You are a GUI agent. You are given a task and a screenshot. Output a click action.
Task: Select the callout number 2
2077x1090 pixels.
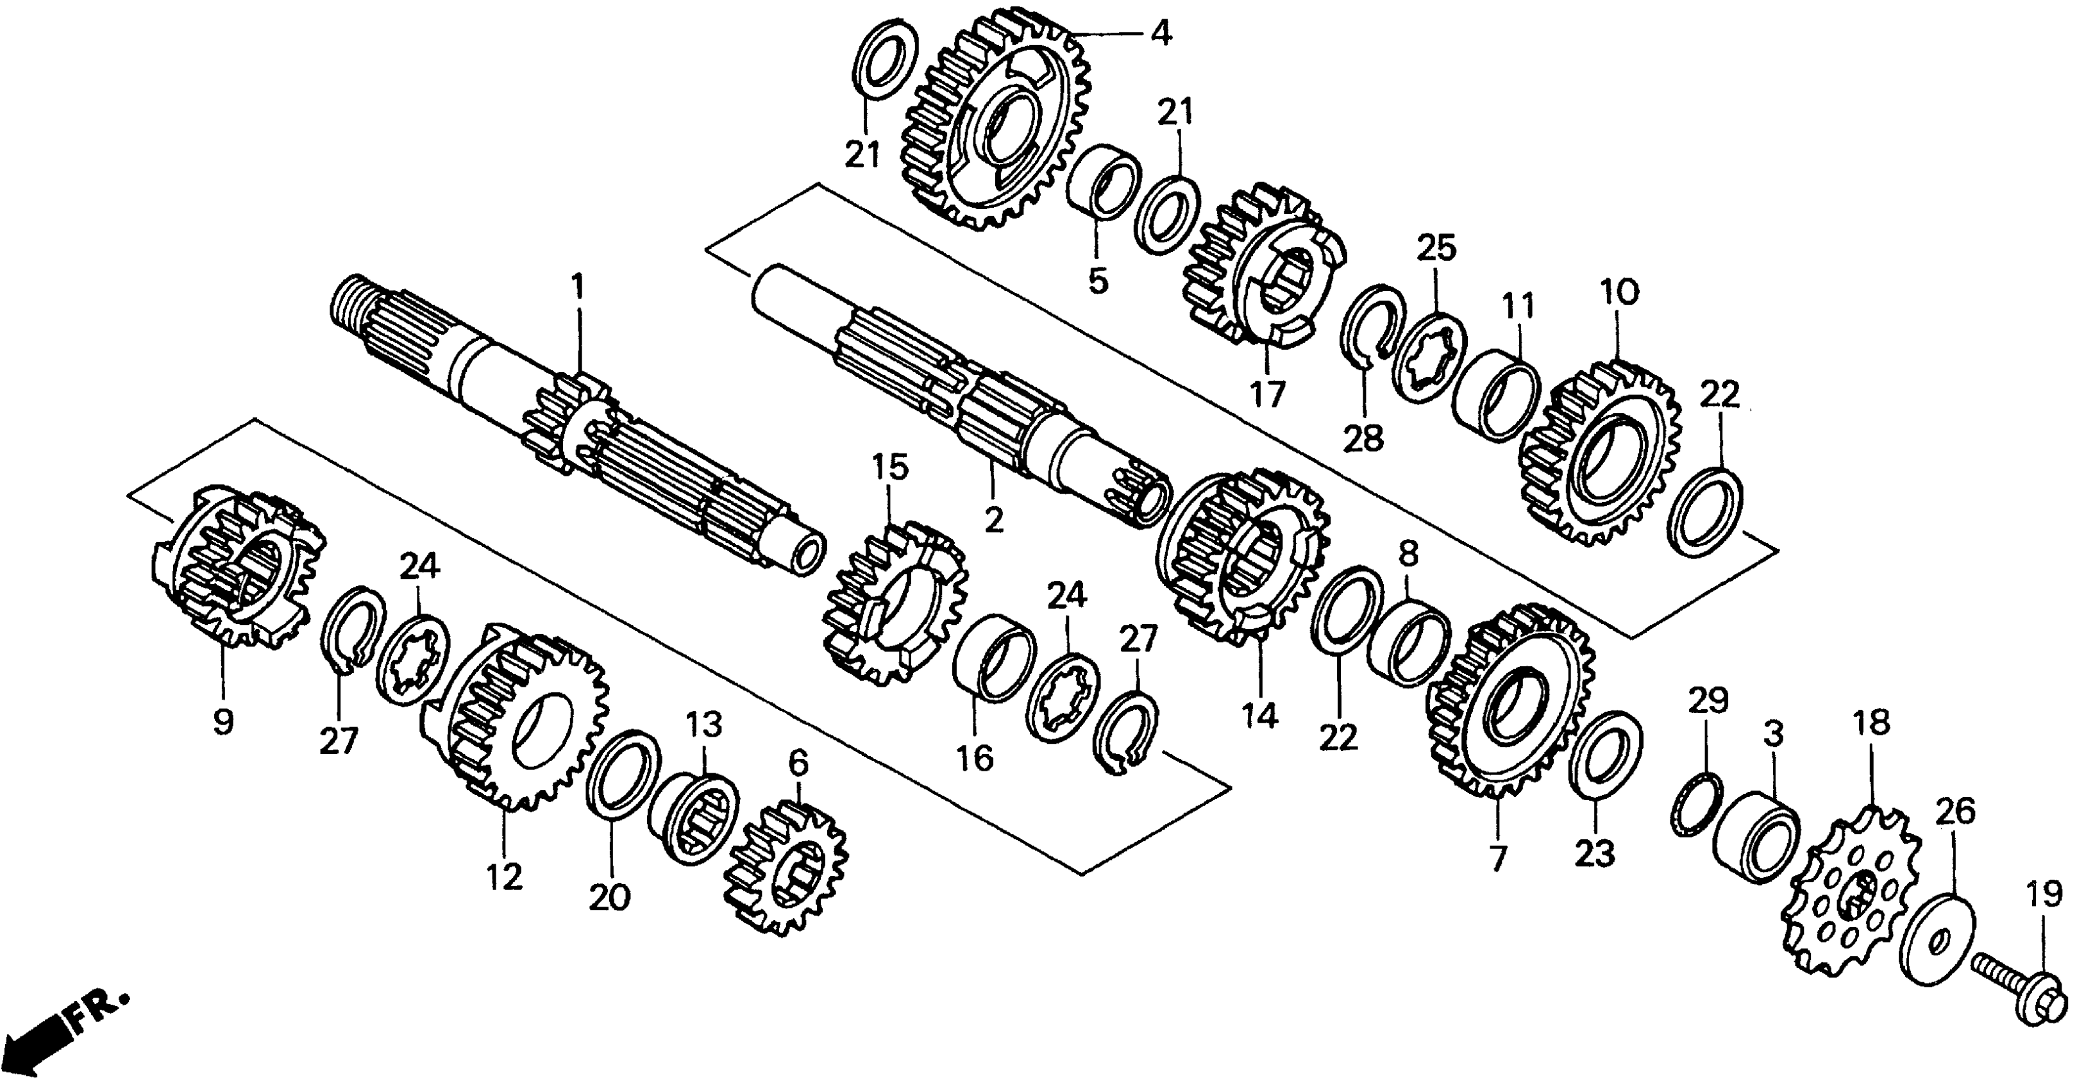993,519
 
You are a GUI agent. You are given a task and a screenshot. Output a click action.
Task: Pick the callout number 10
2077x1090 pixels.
1620,292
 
